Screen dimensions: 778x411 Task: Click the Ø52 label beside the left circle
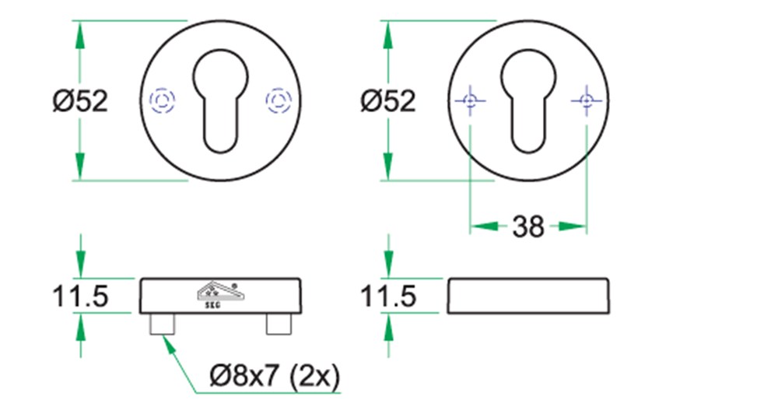[80, 101]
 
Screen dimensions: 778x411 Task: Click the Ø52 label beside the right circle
[388, 101]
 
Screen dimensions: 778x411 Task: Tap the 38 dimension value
[528, 227]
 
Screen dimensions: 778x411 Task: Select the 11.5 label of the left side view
[80, 297]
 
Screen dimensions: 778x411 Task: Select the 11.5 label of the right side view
[388, 297]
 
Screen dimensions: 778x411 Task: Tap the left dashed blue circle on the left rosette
[162, 100]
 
